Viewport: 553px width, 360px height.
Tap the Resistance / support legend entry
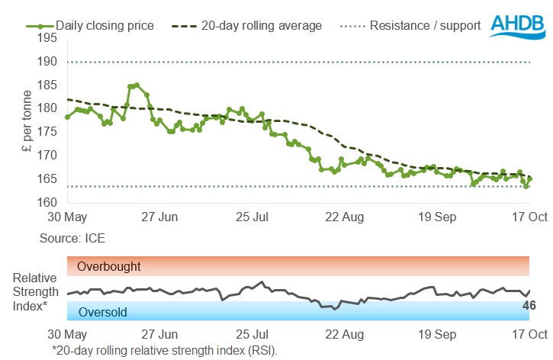(x=424, y=26)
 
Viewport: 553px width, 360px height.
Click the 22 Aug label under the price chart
(x=343, y=217)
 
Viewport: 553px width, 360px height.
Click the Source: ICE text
(x=72, y=238)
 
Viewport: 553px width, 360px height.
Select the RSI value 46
(x=528, y=305)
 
